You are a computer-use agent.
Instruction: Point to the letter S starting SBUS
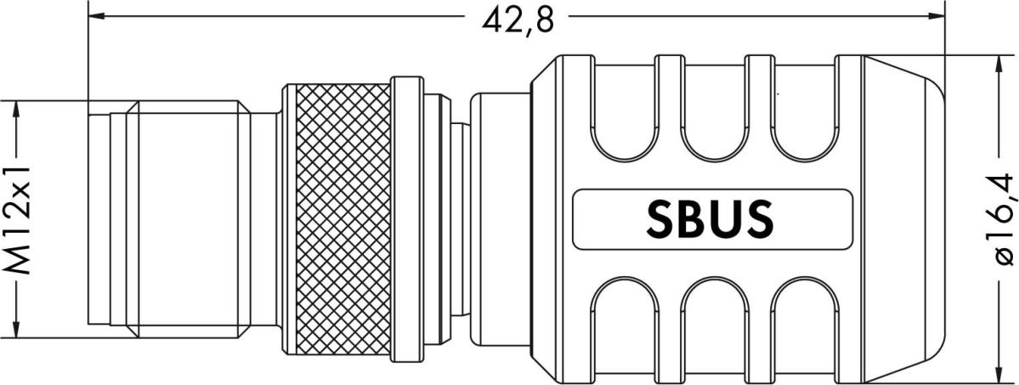point(663,218)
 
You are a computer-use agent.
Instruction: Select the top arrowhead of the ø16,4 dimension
point(999,64)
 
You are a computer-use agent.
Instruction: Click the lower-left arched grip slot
point(625,319)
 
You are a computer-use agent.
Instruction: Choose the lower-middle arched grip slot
point(714,319)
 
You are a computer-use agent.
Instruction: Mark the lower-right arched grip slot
point(803,319)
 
